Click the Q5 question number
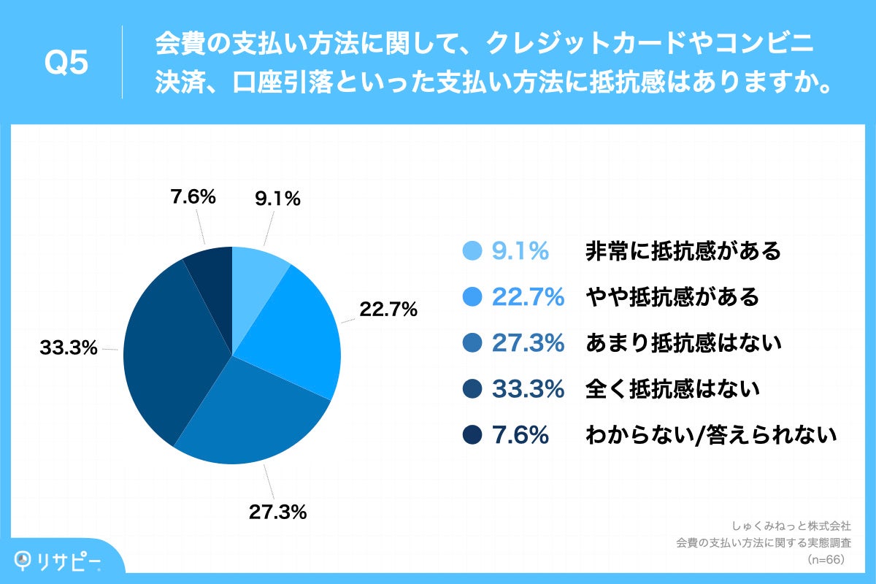[66, 64]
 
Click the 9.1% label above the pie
[277, 199]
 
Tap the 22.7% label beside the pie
[388, 310]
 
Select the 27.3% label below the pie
[277, 512]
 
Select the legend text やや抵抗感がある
[672, 297]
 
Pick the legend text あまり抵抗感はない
[684, 343]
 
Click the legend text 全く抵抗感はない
[672, 389]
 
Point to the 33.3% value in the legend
[528, 389]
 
